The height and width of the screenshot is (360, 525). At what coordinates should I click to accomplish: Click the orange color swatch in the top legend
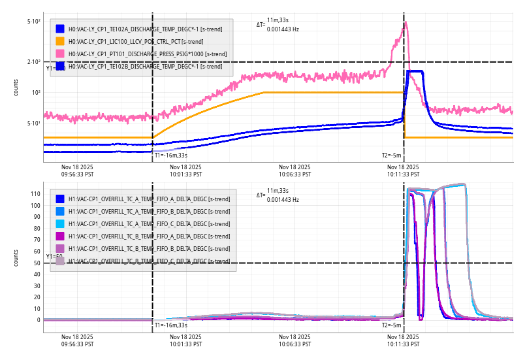[x=60, y=41]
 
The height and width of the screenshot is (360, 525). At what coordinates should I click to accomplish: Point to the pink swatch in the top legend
[x=60, y=54]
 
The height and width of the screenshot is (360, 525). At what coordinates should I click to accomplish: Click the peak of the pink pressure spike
[x=406, y=23]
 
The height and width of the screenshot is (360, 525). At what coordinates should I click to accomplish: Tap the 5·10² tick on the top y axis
[x=33, y=22]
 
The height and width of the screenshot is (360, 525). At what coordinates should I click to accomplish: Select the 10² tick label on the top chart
[x=35, y=93]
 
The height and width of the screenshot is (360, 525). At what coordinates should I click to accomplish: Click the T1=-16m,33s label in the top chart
[x=171, y=155]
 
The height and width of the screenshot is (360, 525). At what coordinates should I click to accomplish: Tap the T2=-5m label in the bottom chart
[x=390, y=325]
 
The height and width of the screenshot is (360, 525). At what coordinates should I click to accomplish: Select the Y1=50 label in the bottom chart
[x=54, y=257]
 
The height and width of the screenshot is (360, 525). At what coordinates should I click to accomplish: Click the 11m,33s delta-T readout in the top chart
[x=278, y=21]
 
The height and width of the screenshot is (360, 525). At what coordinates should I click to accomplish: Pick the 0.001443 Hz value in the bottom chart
[x=283, y=199]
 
